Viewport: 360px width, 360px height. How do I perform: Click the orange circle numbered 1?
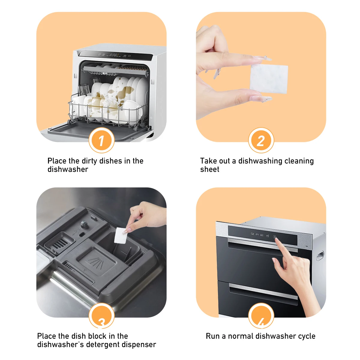101,140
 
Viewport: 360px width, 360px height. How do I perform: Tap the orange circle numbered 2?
261,140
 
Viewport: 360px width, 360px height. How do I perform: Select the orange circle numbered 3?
101,316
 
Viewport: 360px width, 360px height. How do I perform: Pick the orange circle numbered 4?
261,316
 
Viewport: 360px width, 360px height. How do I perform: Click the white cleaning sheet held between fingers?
269,79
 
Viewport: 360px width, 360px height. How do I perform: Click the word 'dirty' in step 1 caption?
85,161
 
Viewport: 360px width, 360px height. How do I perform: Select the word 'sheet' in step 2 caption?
210,169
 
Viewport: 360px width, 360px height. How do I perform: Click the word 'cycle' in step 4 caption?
307,336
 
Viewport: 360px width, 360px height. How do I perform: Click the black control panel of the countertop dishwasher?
115,55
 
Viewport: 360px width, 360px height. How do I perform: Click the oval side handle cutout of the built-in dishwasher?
320,256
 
